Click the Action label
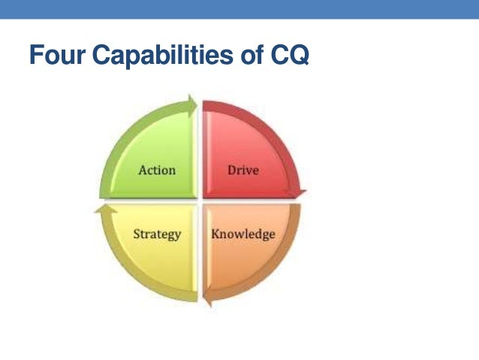(157, 170)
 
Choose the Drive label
(243, 170)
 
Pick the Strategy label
(157, 234)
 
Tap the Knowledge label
(243, 234)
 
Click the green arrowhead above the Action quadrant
(191, 103)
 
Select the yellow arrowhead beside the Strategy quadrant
(100, 210)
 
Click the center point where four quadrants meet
(199, 201)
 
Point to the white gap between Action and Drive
(199, 150)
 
